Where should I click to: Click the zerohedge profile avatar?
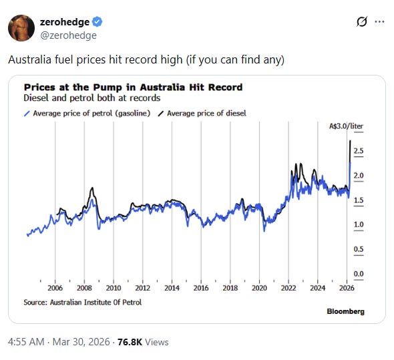[x=21, y=28]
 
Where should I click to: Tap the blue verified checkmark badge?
[x=97, y=22]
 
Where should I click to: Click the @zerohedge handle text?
[x=68, y=35]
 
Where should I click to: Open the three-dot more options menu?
[x=379, y=22]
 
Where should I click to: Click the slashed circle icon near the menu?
[x=362, y=22]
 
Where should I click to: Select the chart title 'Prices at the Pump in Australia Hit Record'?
[x=133, y=87]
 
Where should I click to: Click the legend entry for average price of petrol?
[x=87, y=114]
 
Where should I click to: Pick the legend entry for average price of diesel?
[x=202, y=114]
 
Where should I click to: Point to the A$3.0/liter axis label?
[x=347, y=126]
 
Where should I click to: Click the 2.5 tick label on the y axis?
[x=359, y=151]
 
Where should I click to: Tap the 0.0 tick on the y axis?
[x=359, y=274]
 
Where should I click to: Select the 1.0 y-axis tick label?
[x=359, y=224]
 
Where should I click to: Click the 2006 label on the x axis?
[x=55, y=288]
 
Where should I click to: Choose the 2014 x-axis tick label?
[x=172, y=288]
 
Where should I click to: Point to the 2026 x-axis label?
[x=347, y=288]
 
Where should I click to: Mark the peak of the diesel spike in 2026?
[x=351, y=140]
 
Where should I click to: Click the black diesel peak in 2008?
[x=92, y=188]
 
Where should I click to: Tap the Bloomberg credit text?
[x=345, y=311]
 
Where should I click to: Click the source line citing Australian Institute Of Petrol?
[x=83, y=302]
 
